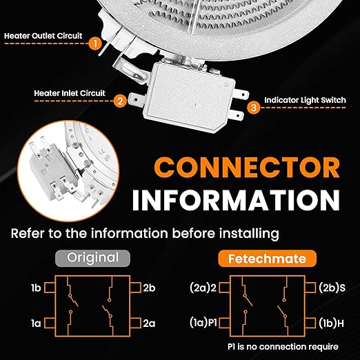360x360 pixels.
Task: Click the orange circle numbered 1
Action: point(95,43)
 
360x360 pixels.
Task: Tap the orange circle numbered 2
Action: point(120,101)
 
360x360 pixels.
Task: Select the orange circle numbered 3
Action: point(254,108)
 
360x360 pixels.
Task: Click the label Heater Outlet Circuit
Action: point(43,36)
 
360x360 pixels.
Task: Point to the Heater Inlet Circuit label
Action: point(70,93)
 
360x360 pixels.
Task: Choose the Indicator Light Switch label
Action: point(305,100)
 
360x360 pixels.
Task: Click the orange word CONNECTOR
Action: point(247,168)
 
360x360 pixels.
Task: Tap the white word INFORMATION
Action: point(236,200)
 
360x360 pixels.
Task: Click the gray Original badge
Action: point(93,258)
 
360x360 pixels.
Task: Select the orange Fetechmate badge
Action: point(267,259)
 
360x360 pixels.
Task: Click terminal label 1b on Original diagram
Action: point(36,288)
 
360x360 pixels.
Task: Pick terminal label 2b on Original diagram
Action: point(149,288)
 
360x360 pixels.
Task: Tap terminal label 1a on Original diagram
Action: point(36,323)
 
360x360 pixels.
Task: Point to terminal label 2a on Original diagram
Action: point(149,323)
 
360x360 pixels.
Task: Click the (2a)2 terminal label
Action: point(203,288)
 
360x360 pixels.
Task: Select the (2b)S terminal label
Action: point(332,288)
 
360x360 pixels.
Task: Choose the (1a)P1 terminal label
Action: point(203,323)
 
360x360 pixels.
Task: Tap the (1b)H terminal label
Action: point(332,323)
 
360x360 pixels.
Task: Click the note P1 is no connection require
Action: point(283,347)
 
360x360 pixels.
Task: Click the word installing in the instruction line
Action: point(249,234)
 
